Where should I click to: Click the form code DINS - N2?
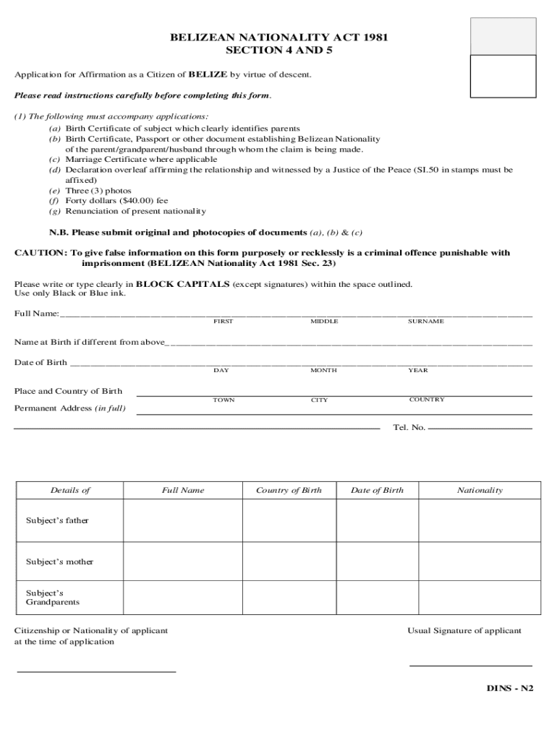point(509,688)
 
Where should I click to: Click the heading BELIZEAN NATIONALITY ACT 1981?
point(278,38)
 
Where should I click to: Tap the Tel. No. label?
point(409,428)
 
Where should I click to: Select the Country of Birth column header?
point(289,491)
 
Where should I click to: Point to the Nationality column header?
point(479,491)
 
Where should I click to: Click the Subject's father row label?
point(57,520)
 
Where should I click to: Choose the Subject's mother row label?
point(59,562)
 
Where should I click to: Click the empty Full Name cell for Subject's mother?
point(182,562)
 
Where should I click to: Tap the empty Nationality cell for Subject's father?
point(479,520)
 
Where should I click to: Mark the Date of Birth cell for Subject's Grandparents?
point(377,597)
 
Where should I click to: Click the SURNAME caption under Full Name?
point(425,322)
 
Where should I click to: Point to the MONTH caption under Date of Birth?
point(323,371)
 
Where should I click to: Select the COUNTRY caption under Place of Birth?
point(427,400)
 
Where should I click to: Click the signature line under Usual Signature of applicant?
point(470,665)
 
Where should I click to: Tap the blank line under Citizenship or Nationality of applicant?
point(96,671)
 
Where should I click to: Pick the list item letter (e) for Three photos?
point(54,191)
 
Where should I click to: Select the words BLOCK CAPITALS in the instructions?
point(182,284)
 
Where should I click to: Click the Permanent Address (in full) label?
point(69,408)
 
